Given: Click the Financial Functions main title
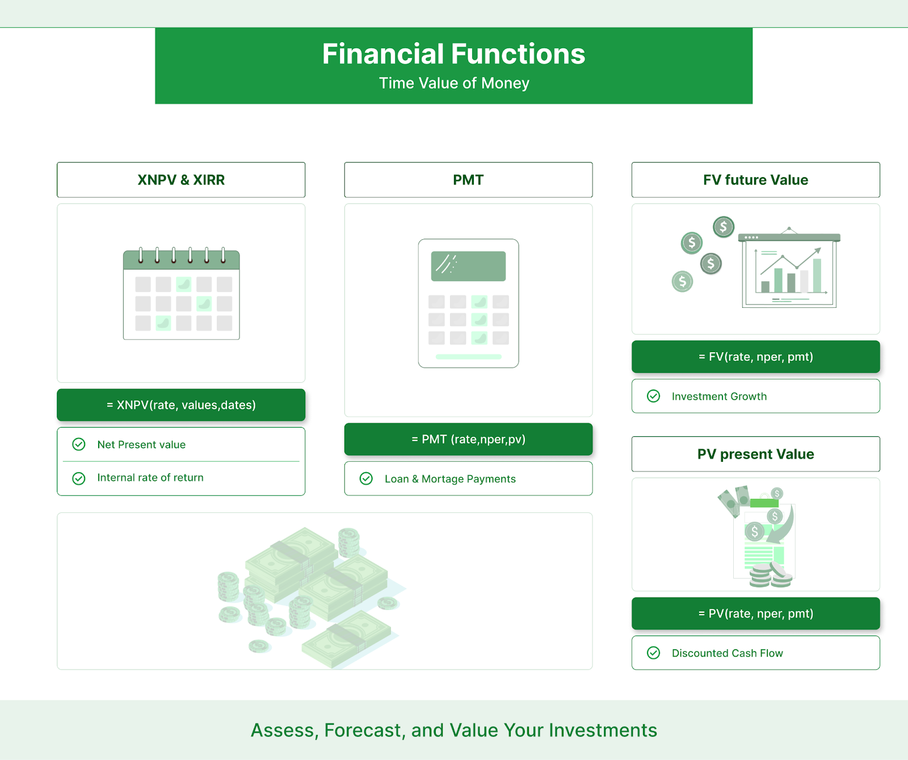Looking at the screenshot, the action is [x=453, y=54].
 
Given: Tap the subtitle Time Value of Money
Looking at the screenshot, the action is [x=454, y=83].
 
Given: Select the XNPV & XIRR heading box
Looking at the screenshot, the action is [x=181, y=180].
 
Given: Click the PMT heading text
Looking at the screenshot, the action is [x=468, y=180].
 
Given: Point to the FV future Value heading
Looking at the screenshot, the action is [x=755, y=180].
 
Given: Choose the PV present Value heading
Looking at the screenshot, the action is [x=755, y=454].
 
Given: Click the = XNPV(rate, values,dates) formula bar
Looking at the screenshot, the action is [x=181, y=405].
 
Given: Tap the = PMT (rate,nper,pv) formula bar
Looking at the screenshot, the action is [x=468, y=439].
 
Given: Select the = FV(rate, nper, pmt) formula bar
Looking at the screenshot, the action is [x=755, y=357].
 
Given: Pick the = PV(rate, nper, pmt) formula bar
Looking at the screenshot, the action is [x=755, y=613].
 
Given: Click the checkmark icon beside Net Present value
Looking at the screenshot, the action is [x=79, y=444].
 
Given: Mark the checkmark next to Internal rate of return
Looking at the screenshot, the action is [x=79, y=478].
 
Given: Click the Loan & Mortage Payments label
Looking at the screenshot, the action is [x=450, y=479].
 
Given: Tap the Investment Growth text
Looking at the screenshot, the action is [x=719, y=396].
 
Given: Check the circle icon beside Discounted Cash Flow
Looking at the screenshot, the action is [x=654, y=653].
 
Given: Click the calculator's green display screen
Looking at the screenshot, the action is [x=468, y=266].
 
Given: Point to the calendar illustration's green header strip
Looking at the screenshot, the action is [x=182, y=260].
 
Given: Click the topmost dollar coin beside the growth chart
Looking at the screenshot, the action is [x=724, y=227].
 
